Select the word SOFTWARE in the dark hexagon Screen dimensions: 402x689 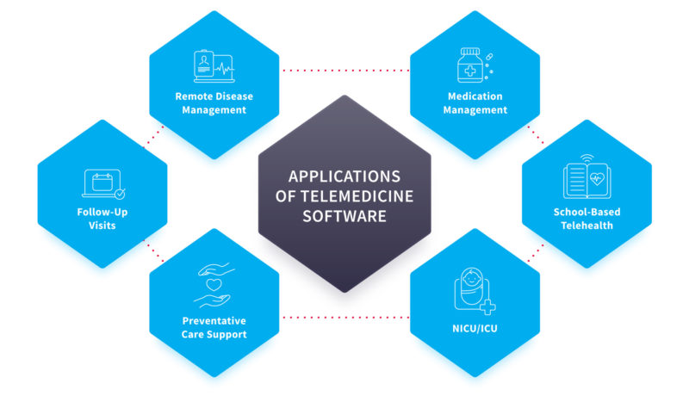click(344, 216)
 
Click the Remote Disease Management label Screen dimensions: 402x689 click(214, 103)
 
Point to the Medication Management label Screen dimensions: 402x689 click(475, 103)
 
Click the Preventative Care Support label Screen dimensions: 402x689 click(214, 328)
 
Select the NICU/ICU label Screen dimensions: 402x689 click(475, 328)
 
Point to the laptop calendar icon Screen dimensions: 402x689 click(101, 183)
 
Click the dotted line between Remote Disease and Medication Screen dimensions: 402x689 click(344, 70)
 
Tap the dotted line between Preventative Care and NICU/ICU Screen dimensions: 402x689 click(344, 317)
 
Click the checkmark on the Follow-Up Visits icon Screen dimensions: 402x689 click(119, 194)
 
